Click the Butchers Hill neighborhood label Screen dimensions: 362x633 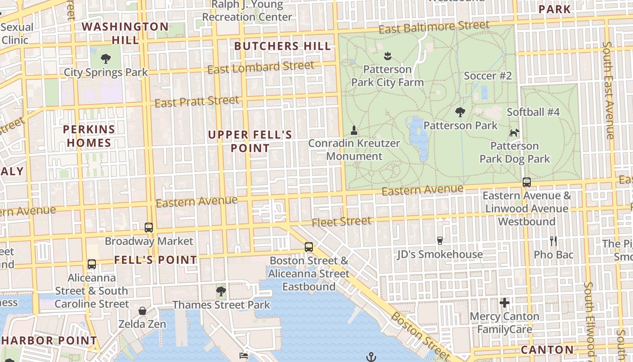click(283, 46)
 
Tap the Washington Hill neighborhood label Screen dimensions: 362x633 click(125, 33)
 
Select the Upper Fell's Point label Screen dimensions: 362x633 click(250, 141)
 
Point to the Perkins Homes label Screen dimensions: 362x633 click(89, 136)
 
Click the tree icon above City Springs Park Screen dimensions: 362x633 click(106, 58)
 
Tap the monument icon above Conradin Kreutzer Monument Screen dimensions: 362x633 click(354, 130)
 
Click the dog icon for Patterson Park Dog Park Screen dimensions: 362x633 click(514, 133)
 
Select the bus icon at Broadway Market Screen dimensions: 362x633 click(149, 227)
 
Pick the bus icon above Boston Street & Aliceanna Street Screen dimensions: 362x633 click(309, 247)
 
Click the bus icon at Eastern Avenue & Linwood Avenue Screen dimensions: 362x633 click(527, 182)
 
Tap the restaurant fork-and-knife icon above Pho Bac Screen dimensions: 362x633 click(553, 241)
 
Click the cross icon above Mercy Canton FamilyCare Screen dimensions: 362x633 click(505, 302)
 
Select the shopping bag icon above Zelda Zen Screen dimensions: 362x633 click(142, 311)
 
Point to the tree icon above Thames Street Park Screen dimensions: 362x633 click(221, 291)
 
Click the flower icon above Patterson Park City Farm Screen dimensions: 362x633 click(387, 56)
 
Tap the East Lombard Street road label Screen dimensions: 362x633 click(260, 67)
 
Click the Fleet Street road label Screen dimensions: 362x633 click(341, 222)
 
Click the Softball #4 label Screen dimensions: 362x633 click(533, 112)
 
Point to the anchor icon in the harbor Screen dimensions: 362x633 click(371, 357)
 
